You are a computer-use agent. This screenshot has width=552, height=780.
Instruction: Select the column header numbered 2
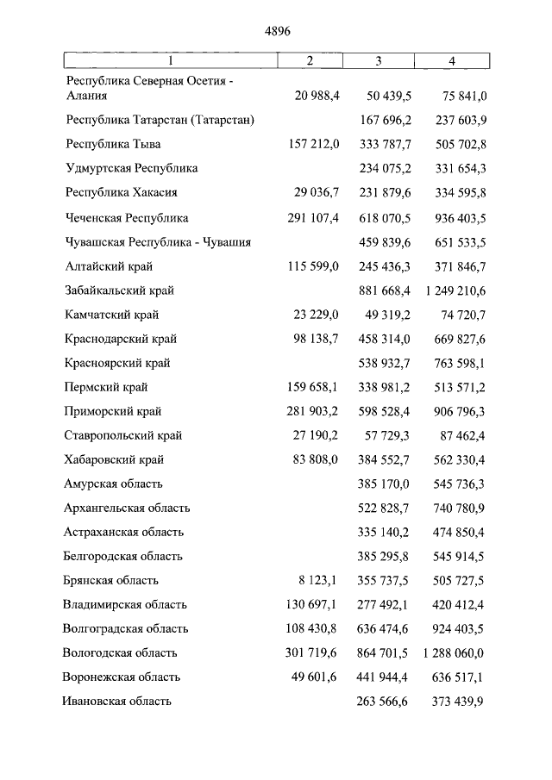point(310,60)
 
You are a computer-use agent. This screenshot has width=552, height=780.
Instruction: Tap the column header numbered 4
point(452,60)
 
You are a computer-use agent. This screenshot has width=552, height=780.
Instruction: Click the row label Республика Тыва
point(113,144)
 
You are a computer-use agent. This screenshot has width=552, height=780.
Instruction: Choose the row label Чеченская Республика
point(127,218)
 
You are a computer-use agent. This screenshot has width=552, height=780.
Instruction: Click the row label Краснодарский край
point(119,339)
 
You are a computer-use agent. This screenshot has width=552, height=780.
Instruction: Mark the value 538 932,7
point(383,363)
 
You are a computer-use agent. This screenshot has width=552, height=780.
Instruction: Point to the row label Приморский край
point(113,411)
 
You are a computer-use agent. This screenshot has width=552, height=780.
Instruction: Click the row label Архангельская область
point(127,508)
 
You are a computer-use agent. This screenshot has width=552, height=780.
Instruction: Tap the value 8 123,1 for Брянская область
point(319,580)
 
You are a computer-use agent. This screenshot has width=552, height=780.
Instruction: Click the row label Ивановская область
point(117,701)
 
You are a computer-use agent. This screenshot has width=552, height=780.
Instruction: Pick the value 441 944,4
point(383,677)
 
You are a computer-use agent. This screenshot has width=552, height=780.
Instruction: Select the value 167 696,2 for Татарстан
point(383,120)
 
